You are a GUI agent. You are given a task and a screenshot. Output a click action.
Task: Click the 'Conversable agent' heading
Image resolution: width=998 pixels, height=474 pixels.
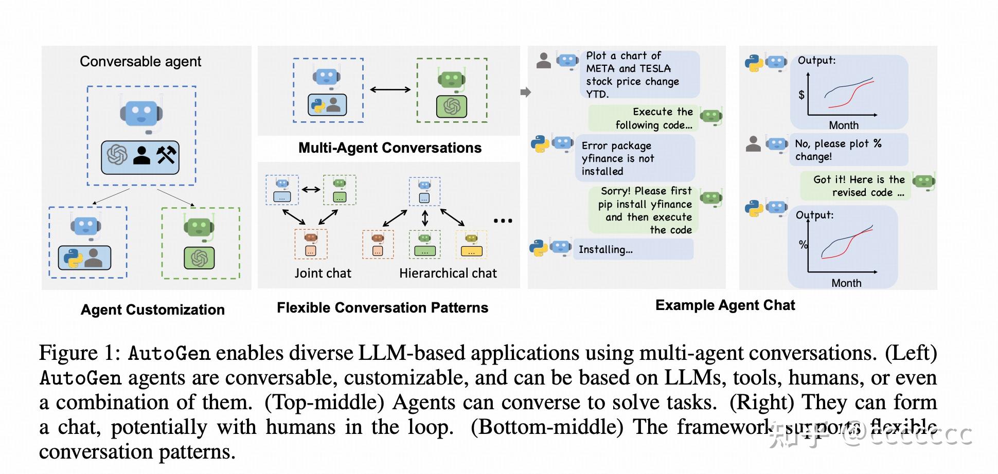pyautogui.click(x=140, y=62)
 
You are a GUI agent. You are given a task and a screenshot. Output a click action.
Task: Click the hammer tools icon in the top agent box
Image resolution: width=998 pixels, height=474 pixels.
pyautogui.click(x=166, y=155)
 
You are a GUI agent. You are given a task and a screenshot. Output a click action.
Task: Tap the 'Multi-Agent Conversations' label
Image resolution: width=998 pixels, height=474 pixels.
pyautogui.click(x=389, y=148)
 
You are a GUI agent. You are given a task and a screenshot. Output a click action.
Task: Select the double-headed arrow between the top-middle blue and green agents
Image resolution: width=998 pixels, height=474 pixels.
pyautogui.click(x=390, y=89)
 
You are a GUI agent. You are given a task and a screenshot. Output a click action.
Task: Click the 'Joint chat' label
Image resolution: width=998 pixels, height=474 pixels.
pyautogui.click(x=323, y=273)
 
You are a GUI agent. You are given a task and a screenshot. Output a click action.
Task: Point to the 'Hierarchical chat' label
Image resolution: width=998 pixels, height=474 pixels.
pyautogui.click(x=448, y=273)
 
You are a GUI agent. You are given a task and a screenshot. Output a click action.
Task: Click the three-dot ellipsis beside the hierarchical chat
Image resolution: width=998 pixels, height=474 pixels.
pyautogui.click(x=503, y=221)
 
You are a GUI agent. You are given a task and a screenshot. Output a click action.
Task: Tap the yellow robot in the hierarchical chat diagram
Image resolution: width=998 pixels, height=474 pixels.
pyautogui.click(x=471, y=239)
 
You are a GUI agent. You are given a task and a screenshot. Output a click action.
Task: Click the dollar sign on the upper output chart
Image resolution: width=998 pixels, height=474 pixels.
pyautogui.click(x=801, y=95)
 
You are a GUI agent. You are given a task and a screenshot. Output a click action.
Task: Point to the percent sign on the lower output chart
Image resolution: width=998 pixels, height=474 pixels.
pyautogui.click(x=803, y=244)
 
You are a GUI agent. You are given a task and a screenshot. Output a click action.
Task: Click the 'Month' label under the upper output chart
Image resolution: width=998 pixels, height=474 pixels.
pyautogui.click(x=843, y=125)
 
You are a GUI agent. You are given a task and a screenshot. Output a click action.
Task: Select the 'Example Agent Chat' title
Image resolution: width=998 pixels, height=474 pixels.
pyautogui.click(x=724, y=305)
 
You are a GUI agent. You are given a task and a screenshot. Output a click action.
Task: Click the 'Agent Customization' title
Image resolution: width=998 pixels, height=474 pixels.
pyautogui.click(x=152, y=309)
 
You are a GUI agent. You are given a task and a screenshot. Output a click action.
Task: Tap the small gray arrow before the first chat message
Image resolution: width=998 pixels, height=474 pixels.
pyautogui.click(x=525, y=92)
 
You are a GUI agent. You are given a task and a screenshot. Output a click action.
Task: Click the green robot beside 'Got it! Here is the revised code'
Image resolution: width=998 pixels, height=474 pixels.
pyautogui.click(x=923, y=181)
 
